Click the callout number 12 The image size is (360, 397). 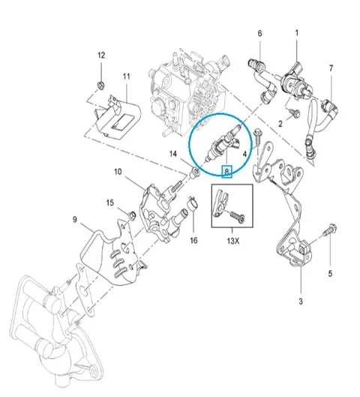click(101, 56)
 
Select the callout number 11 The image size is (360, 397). click(127, 77)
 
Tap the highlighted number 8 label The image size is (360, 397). click(226, 172)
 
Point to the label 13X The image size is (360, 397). click(233, 241)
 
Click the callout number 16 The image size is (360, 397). click(193, 240)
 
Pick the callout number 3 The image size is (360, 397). click(301, 301)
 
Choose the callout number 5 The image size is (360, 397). click(330, 274)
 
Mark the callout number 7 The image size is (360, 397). click(331, 68)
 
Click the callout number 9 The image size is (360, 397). click(75, 219)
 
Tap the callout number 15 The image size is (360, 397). click(109, 203)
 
